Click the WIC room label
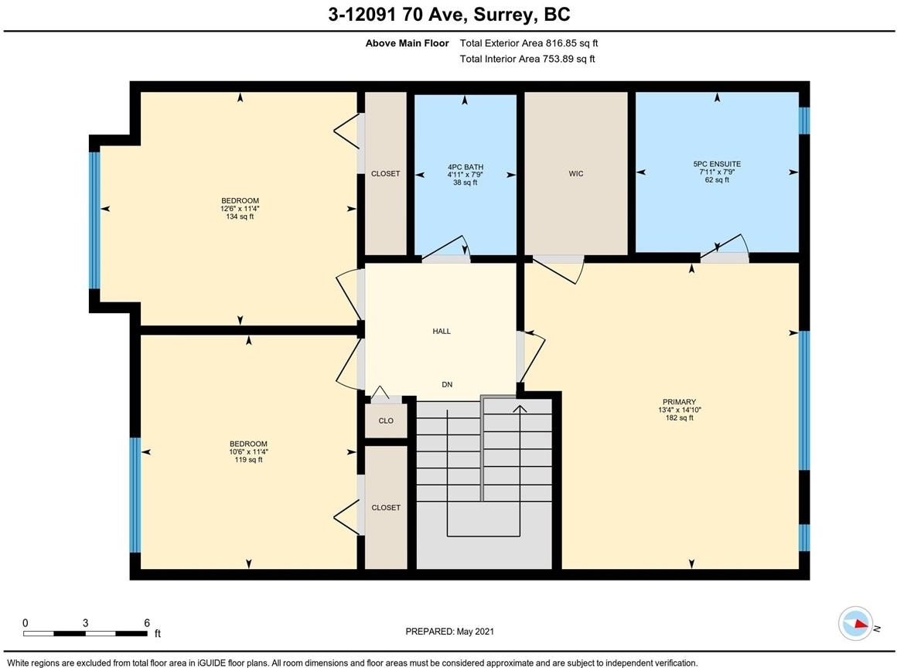coord(576,173)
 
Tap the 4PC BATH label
coord(465,167)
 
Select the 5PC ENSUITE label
coord(717,164)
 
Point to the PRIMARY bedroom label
coord(679,402)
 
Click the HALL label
coord(442,331)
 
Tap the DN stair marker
coord(448,385)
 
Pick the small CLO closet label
coord(386,421)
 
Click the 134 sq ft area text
coord(240,216)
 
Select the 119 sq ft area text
coord(248,460)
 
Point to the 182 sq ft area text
coord(679,418)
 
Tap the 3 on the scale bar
coord(85,623)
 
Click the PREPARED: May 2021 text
coord(449,632)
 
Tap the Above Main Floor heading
coord(408,43)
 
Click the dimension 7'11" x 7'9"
coord(717,172)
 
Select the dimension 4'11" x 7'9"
coord(465,175)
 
